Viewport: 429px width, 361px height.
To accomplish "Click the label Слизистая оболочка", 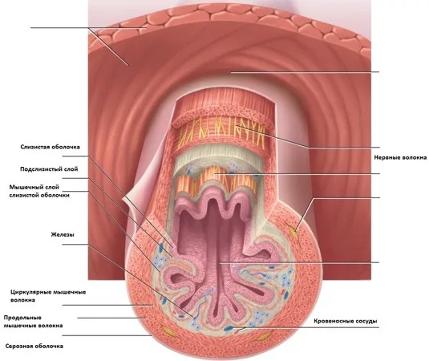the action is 50,147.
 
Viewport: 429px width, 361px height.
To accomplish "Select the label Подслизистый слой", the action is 49,169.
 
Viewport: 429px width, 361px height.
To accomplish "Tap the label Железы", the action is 63,234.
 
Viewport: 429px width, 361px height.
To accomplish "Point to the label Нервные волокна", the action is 400,158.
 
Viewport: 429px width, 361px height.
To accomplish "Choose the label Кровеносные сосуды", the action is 346,321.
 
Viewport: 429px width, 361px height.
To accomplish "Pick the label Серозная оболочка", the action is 34,347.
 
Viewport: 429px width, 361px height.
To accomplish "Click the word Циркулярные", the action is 30,292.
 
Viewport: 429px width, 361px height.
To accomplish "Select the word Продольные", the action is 22,318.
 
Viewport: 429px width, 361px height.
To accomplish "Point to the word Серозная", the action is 19,347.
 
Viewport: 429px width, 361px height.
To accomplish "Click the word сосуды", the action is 366,321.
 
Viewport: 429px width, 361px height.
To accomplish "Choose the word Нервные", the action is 386,158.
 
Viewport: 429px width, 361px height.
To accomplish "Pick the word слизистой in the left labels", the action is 24,196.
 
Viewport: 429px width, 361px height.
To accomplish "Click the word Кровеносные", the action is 333,321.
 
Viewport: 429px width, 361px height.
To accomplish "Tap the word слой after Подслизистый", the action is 71,169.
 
